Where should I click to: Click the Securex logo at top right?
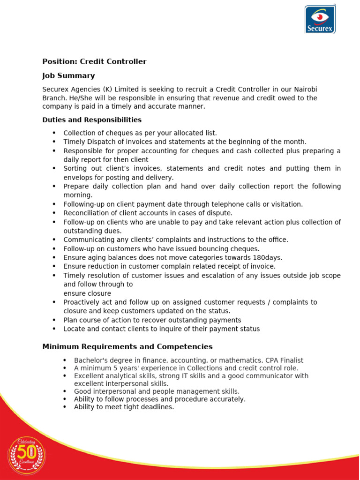[x=320, y=19]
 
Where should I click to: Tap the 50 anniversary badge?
[x=27, y=455]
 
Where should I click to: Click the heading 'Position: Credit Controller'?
[x=94, y=61]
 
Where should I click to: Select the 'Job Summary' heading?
[x=68, y=75]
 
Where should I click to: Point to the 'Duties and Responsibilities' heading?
[x=92, y=120]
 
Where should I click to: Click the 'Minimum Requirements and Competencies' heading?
[x=127, y=347]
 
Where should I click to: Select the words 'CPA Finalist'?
[x=285, y=360]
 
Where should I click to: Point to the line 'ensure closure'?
[x=87, y=293]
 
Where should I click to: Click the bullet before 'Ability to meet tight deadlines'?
[x=65, y=407]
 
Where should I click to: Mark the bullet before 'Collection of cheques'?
[x=54, y=133]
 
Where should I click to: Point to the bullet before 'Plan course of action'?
[x=54, y=320]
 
